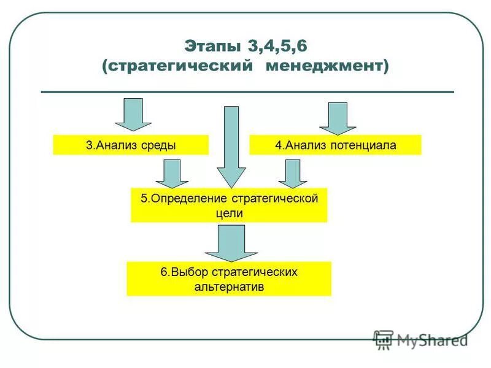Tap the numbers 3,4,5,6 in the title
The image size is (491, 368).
click(276, 47)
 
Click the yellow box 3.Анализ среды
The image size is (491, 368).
click(131, 145)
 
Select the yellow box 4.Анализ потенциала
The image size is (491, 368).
click(335, 145)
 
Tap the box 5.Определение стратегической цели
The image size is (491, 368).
click(229, 205)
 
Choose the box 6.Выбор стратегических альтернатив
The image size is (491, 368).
click(229, 279)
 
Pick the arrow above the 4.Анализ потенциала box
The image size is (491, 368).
click(338, 118)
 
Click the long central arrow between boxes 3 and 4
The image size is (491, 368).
click(231, 147)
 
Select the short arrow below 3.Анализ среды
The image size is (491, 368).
click(172, 174)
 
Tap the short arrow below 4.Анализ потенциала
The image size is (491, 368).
click(293, 174)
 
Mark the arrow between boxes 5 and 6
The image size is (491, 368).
click(231, 243)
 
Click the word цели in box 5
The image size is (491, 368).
click(229, 213)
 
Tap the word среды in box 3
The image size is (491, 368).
click(161, 145)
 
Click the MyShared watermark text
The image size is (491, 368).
click(432, 339)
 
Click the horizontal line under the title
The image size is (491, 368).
click(247, 92)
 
